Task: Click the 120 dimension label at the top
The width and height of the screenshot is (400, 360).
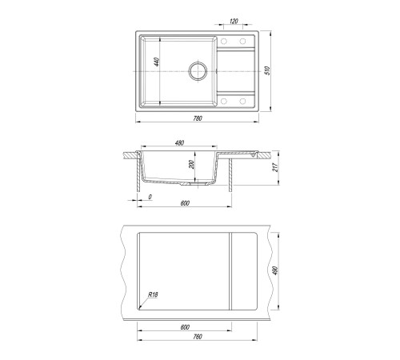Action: coord(234,21)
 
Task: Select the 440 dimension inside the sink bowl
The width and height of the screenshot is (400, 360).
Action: coord(157,62)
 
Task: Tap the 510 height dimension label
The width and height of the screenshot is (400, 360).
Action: coord(268,70)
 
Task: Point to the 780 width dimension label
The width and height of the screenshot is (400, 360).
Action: coord(198,118)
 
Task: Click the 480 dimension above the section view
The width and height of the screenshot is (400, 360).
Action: coord(179,143)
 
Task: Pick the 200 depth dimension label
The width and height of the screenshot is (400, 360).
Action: coord(191,164)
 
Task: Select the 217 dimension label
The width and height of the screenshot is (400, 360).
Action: coord(275,167)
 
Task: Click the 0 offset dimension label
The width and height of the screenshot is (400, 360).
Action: coord(150,197)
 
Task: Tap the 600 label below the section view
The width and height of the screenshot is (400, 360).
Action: coord(185,203)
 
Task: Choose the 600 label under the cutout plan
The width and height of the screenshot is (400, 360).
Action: coord(185,327)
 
